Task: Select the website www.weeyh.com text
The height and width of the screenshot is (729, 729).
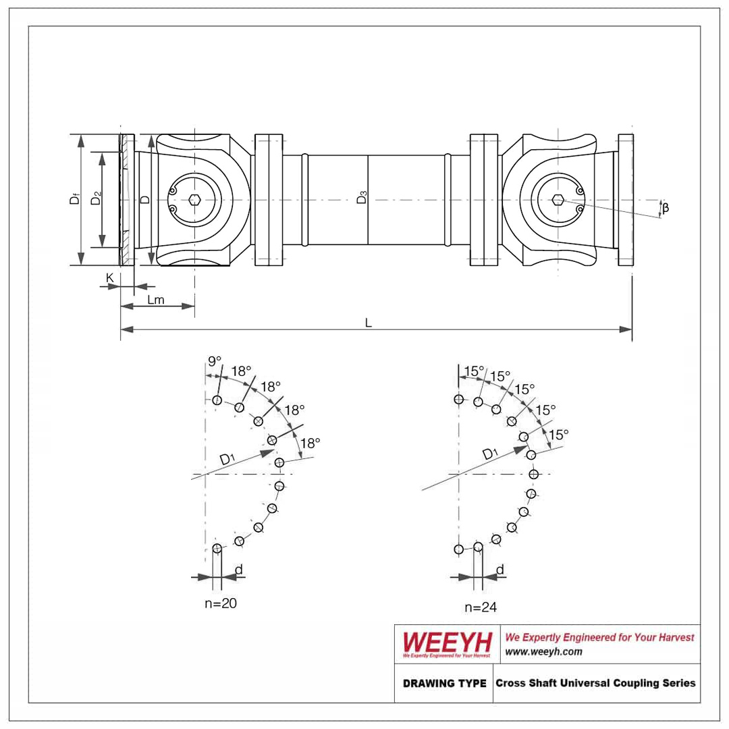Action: click(543, 652)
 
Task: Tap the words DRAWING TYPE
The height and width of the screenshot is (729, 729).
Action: click(444, 683)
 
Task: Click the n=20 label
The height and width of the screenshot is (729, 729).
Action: click(221, 603)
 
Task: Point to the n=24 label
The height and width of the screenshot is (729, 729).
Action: click(481, 607)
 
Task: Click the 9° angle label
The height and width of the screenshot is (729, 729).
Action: click(215, 360)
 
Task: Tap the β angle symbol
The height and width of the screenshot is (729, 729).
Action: click(666, 207)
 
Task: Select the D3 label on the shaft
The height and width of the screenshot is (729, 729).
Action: click(362, 197)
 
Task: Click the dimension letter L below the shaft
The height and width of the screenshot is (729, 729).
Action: click(369, 323)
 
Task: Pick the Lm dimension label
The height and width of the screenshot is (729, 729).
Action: click(156, 300)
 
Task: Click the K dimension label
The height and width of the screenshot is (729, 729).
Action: click(110, 278)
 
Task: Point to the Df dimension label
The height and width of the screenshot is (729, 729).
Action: click(74, 199)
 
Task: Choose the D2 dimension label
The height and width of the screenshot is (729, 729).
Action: click(96, 198)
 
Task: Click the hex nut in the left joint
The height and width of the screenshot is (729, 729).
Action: click(194, 200)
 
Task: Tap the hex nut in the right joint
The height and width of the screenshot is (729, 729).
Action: click(558, 200)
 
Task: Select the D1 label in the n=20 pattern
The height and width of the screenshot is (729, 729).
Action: click(227, 460)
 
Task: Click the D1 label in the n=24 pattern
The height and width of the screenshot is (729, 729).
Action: click(490, 454)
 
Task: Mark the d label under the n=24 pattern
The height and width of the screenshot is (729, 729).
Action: click(500, 570)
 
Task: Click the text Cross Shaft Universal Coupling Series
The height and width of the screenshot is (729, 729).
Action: click(595, 683)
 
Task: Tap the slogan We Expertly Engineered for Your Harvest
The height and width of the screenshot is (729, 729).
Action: click(600, 637)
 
